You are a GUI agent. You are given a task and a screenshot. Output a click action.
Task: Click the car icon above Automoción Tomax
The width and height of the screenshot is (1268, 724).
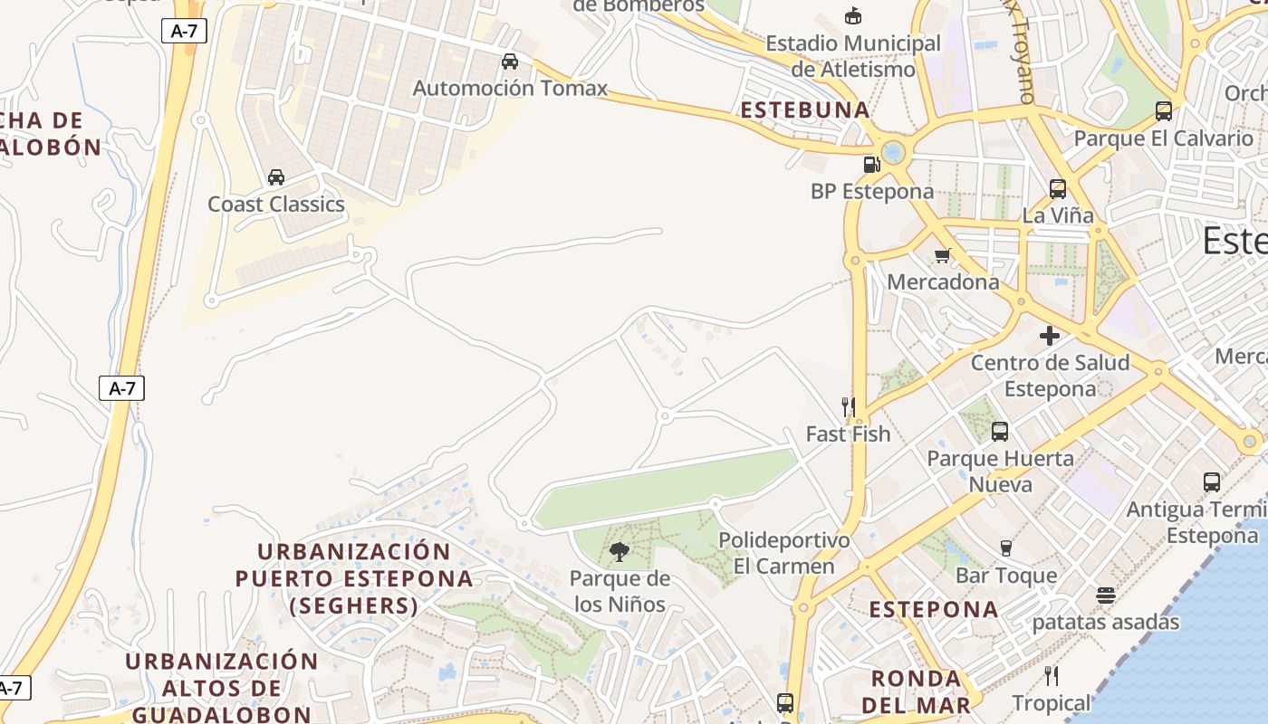[x=510, y=62]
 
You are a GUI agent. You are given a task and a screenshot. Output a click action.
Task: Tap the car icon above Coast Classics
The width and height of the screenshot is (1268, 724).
[x=276, y=177]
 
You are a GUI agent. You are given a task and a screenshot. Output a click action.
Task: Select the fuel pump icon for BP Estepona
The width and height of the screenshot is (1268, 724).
[x=871, y=164]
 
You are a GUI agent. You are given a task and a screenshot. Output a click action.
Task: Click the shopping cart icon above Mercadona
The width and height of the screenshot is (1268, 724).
[x=943, y=255]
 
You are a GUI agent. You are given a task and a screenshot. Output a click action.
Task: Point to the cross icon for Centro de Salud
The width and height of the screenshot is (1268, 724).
[x=1050, y=336]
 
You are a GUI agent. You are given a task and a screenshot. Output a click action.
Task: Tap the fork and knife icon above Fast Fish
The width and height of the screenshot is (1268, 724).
[x=849, y=407]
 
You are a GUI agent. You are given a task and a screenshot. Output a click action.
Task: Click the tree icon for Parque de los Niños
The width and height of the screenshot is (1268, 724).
[x=620, y=551]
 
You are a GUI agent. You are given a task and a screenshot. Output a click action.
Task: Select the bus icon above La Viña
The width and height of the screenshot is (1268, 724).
[x=1058, y=189]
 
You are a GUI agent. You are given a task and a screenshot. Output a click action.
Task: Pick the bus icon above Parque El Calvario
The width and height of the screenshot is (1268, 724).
[x=1164, y=111]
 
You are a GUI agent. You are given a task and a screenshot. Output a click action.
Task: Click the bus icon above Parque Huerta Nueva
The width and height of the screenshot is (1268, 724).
[x=1000, y=432]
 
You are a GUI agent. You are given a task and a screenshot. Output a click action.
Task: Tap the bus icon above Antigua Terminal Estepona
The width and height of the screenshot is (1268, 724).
[x=1212, y=482]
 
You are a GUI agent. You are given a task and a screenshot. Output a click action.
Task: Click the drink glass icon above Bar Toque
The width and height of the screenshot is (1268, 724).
[x=1005, y=548]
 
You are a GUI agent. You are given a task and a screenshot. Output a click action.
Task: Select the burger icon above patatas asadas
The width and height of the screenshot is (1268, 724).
[x=1105, y=595]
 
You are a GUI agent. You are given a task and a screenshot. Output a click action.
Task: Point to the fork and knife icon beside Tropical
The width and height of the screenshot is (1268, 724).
[x=1052, y=676]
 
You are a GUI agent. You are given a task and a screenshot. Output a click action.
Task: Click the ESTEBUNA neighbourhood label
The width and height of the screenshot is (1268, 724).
[x=805, y=110]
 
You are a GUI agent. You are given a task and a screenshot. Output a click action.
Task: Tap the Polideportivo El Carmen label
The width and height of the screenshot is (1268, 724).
[x=784, y=553]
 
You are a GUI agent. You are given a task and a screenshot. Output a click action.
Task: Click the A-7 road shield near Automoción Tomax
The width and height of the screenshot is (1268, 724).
[x=184, y=31]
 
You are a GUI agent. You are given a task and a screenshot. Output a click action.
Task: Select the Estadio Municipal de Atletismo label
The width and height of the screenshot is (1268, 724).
[x=853, y=55]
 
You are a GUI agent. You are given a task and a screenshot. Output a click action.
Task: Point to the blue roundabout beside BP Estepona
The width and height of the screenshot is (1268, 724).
[x=894, y=152]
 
